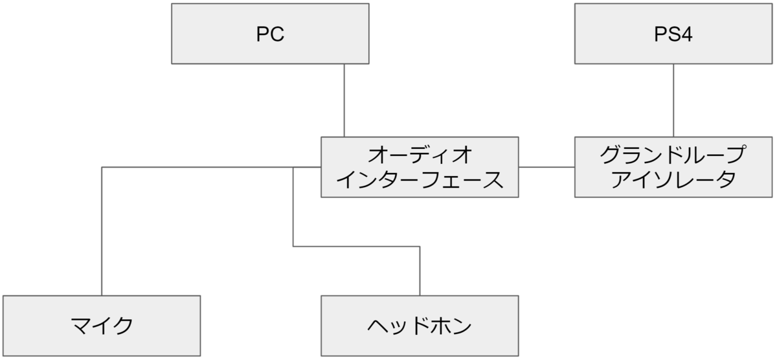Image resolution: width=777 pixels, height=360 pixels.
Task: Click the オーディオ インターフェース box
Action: click(x=420, y=167)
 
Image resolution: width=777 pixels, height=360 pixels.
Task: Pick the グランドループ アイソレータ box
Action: click(x=673, y=167)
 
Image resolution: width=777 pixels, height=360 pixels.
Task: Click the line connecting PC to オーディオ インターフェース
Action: click(x=344, y=100)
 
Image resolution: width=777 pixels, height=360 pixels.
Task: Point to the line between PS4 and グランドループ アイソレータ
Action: click(x=673, y=100)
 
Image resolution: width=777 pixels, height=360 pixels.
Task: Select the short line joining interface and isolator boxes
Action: click(x=546, y=167)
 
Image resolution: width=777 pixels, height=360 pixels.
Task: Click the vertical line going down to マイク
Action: click(x=102, y=233)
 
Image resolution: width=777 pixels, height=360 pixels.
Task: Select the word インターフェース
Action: click(x=420, y=180)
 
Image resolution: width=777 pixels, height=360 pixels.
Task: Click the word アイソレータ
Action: click(x=673, y=180)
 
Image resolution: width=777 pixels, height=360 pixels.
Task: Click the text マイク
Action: click(x=102, y=325)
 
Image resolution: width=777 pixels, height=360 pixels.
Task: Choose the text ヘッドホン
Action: click(x=420, y=325)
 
